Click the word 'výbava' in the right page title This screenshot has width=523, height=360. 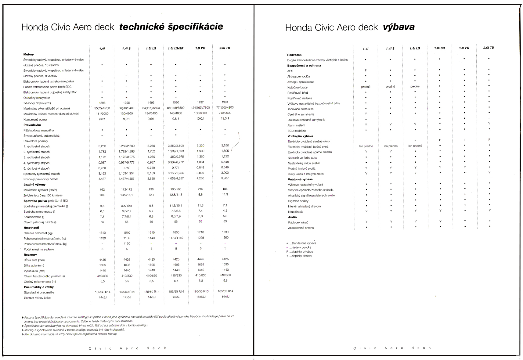[x=399, y=27]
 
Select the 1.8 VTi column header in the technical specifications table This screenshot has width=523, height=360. [x=200, y=48]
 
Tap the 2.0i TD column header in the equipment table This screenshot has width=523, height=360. [x=489, y=48]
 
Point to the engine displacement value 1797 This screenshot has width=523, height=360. [x=200, y=102]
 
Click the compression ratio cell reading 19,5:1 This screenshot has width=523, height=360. [x=225, y=118]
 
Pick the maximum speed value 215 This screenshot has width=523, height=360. [x=200, y=189]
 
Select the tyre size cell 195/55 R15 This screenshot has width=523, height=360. [x=200, y=291]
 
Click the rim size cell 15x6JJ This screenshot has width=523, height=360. [x=200, y=297]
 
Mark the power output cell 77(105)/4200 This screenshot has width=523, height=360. [x=225, y=107]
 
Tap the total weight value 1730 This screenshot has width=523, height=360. [x=225, y=232]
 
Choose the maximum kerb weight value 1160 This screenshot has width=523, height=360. [x=127, y=243]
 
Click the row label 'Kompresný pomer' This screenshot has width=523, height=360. [x=35, y=120]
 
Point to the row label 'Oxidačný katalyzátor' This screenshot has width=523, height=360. [x=37, y=98]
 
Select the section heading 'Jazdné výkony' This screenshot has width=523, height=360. [x=34, y=185]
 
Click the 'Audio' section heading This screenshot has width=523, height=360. [x=292, y=217]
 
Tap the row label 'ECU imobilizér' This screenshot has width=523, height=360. [x=297, y=131]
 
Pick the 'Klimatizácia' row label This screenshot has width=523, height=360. [x=296, y=212]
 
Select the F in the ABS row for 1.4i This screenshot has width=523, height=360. [x=366, y=70]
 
